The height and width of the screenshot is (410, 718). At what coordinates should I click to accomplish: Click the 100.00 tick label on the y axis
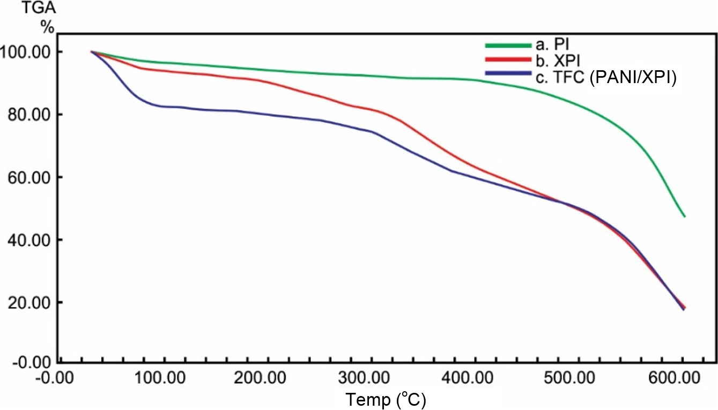[28, 52]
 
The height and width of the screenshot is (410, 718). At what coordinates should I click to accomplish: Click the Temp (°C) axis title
[385, 399]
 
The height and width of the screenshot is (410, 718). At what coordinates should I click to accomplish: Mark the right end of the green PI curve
[684, 216]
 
